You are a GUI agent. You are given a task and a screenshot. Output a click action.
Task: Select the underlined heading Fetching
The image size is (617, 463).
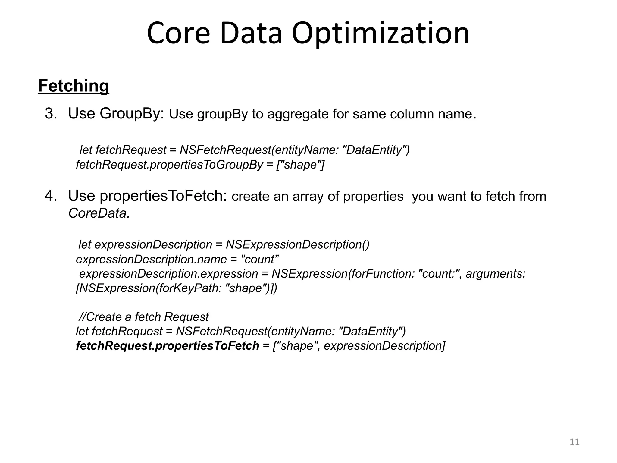74,86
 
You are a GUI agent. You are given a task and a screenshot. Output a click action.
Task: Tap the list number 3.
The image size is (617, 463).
51,114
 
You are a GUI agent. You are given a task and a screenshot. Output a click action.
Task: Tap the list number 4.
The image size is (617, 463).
51,196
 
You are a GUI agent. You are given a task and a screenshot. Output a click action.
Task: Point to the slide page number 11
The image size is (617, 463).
575,442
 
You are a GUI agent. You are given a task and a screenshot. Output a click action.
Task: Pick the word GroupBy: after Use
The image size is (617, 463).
132,114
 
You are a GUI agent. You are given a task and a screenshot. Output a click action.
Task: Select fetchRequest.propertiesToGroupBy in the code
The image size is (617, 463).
169,165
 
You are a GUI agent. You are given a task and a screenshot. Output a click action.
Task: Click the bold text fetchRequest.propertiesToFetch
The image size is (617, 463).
168,346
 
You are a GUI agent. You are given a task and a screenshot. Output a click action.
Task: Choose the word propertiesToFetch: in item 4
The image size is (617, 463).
163,196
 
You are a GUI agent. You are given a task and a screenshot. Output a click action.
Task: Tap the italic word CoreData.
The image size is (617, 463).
99,213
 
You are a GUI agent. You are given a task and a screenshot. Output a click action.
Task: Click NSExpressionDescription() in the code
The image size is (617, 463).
297,244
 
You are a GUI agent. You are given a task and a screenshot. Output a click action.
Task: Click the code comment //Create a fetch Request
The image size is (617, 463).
143,317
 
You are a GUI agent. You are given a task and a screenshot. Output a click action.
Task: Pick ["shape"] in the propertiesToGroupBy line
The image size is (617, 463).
300,165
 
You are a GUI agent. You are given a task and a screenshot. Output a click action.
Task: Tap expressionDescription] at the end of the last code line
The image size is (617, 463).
384,346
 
